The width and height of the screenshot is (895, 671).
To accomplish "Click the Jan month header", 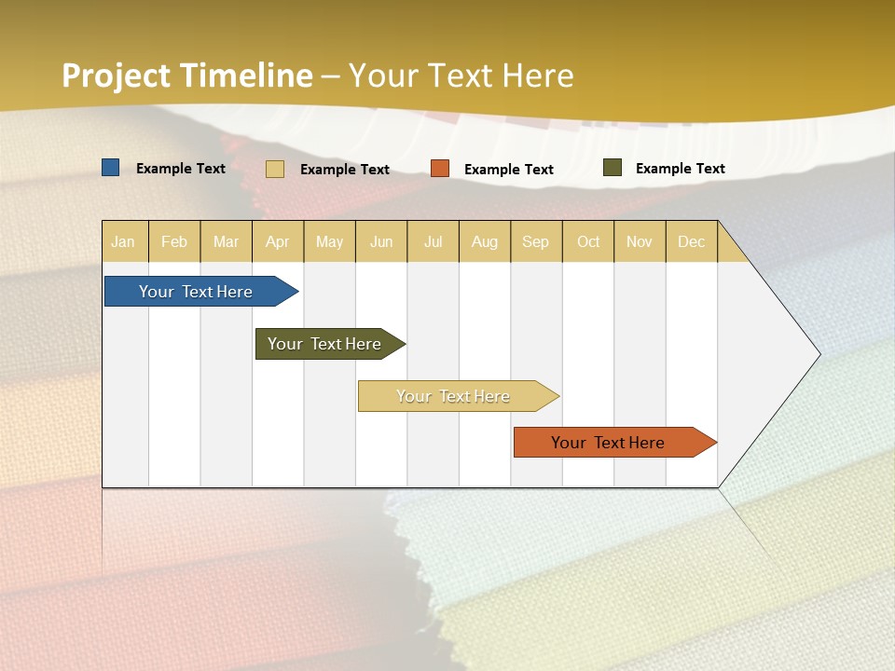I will tap(124, 241).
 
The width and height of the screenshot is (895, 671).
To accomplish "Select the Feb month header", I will tap(174, 241).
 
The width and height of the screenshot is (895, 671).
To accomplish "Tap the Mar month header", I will tap(226, 241).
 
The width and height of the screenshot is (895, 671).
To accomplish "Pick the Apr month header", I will tap(278, 241).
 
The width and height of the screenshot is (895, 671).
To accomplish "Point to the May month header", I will tap(329, 241).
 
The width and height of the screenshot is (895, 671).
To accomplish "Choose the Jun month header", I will tap(381, 241).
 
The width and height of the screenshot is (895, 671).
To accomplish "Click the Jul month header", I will tap(433, 241).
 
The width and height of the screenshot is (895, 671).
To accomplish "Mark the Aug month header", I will tap(485, 241).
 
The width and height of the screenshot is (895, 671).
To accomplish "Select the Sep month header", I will tap(536, 241).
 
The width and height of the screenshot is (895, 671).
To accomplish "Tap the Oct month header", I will tap(588, 241).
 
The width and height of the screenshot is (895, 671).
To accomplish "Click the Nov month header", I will tap(640, 241).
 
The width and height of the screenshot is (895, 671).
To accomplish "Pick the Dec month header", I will tap(692, 241).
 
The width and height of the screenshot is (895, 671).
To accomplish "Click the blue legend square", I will tap(111, 168).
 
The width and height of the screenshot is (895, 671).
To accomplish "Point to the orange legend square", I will tap(440, 169).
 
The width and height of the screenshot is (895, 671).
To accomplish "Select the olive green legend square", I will tap(612, 168).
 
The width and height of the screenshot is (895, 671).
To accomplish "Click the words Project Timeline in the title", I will tap(187, 75).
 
